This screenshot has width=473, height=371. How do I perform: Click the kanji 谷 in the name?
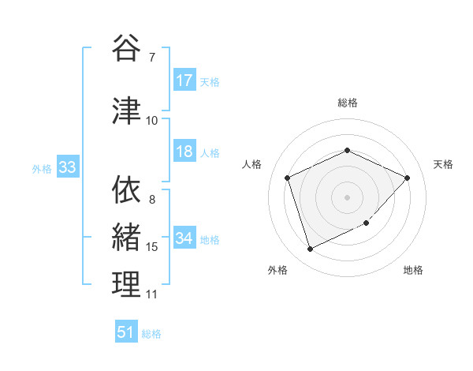pos(127,50)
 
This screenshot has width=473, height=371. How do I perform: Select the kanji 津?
pos(127,111)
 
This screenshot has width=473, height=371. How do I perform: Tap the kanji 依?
pos(127,190)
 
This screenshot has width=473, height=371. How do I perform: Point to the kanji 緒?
pos(127,238)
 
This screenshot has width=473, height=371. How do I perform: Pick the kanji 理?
pos(127,285)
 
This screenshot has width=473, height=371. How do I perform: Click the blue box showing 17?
pos(184,81)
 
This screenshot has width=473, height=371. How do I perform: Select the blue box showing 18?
pos(184,152)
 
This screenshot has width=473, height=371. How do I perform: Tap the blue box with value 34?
pos(184,238)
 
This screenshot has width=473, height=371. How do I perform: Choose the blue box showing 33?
pos(67,167)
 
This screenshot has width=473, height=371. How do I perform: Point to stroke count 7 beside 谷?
pos(151,58)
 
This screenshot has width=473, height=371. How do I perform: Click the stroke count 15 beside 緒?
pos(152,247)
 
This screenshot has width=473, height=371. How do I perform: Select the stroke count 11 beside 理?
pos(152,294)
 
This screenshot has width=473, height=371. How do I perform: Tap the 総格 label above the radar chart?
pos(347,103)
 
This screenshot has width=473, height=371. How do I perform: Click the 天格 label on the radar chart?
pos(444,164)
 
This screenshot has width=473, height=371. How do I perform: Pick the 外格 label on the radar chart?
pos(277,270)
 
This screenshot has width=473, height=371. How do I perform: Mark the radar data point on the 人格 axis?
pos(288,178)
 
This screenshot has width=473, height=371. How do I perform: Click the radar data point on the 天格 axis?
pos(407,178)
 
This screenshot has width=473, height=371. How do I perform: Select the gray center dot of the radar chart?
pos(347,197)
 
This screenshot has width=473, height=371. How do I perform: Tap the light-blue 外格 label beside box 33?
pos(42,168)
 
